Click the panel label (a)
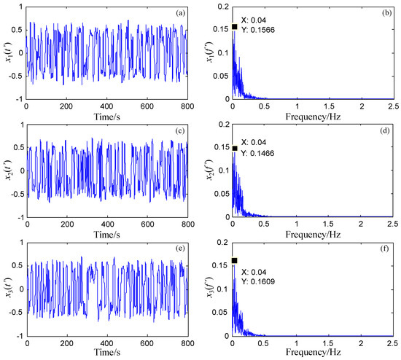[x=179, y=12]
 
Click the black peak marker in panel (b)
[x=235, y=27]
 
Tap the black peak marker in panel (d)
[x=235, y=149]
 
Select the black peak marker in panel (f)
[x=235, y=260]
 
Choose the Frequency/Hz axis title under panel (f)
[x=312, y=353]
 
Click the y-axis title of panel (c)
[x=7, y=171]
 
